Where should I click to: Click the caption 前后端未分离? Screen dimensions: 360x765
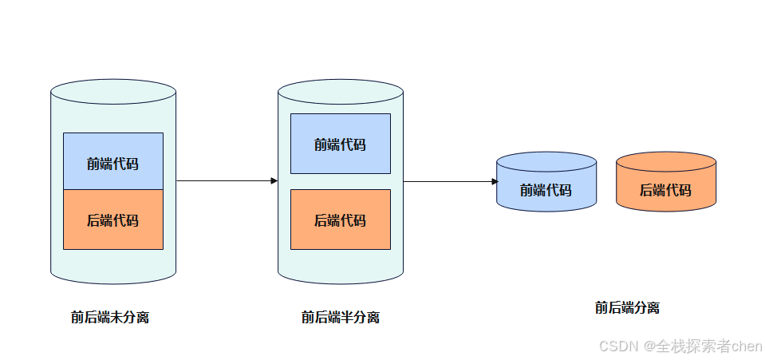(x=109, y=317)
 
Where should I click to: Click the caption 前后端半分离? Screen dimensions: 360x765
(x=340, y=317)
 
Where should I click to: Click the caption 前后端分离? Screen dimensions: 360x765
(x=627, y=307)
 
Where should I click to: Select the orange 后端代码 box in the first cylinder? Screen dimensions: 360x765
(x=112, y=220)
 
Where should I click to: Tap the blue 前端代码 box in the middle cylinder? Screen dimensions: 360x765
(x=340, y=144)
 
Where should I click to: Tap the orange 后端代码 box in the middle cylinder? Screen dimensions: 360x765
(x=340, y=220)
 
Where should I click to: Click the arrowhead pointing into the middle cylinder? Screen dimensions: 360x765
(x=274, y=181)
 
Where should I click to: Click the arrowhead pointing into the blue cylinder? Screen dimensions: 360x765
(x=495, y=182)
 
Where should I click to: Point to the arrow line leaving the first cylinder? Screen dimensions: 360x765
(x=223, y=181)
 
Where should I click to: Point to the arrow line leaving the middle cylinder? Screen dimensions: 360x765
(x=447, y=182)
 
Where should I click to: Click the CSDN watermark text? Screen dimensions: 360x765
(x=615, y=346)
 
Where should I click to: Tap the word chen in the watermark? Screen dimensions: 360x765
(x=747, y=346)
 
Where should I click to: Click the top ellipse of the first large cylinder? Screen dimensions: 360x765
(x=112, y=90)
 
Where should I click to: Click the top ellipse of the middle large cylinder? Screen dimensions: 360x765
(x=340, y=90)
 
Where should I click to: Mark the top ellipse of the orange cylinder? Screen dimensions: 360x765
(x=665, y=160)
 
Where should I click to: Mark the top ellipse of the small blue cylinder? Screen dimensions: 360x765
(x=546, y=160)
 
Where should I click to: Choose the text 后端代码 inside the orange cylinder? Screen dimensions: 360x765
(x=665, y=190)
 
